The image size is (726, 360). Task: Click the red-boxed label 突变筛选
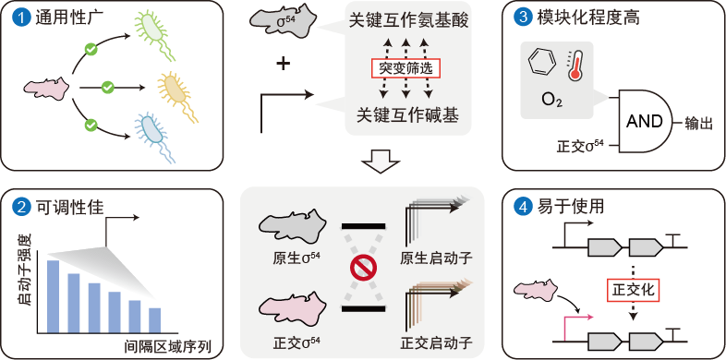405,68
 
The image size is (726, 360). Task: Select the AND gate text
644,122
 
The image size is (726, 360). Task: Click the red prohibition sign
363,269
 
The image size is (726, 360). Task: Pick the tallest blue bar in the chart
53,296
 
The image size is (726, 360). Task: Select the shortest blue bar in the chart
154,320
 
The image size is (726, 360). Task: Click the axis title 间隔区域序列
170,345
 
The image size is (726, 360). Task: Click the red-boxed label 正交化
633,290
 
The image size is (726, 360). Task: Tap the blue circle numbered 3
521,18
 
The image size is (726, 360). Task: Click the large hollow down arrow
380,162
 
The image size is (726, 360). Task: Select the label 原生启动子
436,258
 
